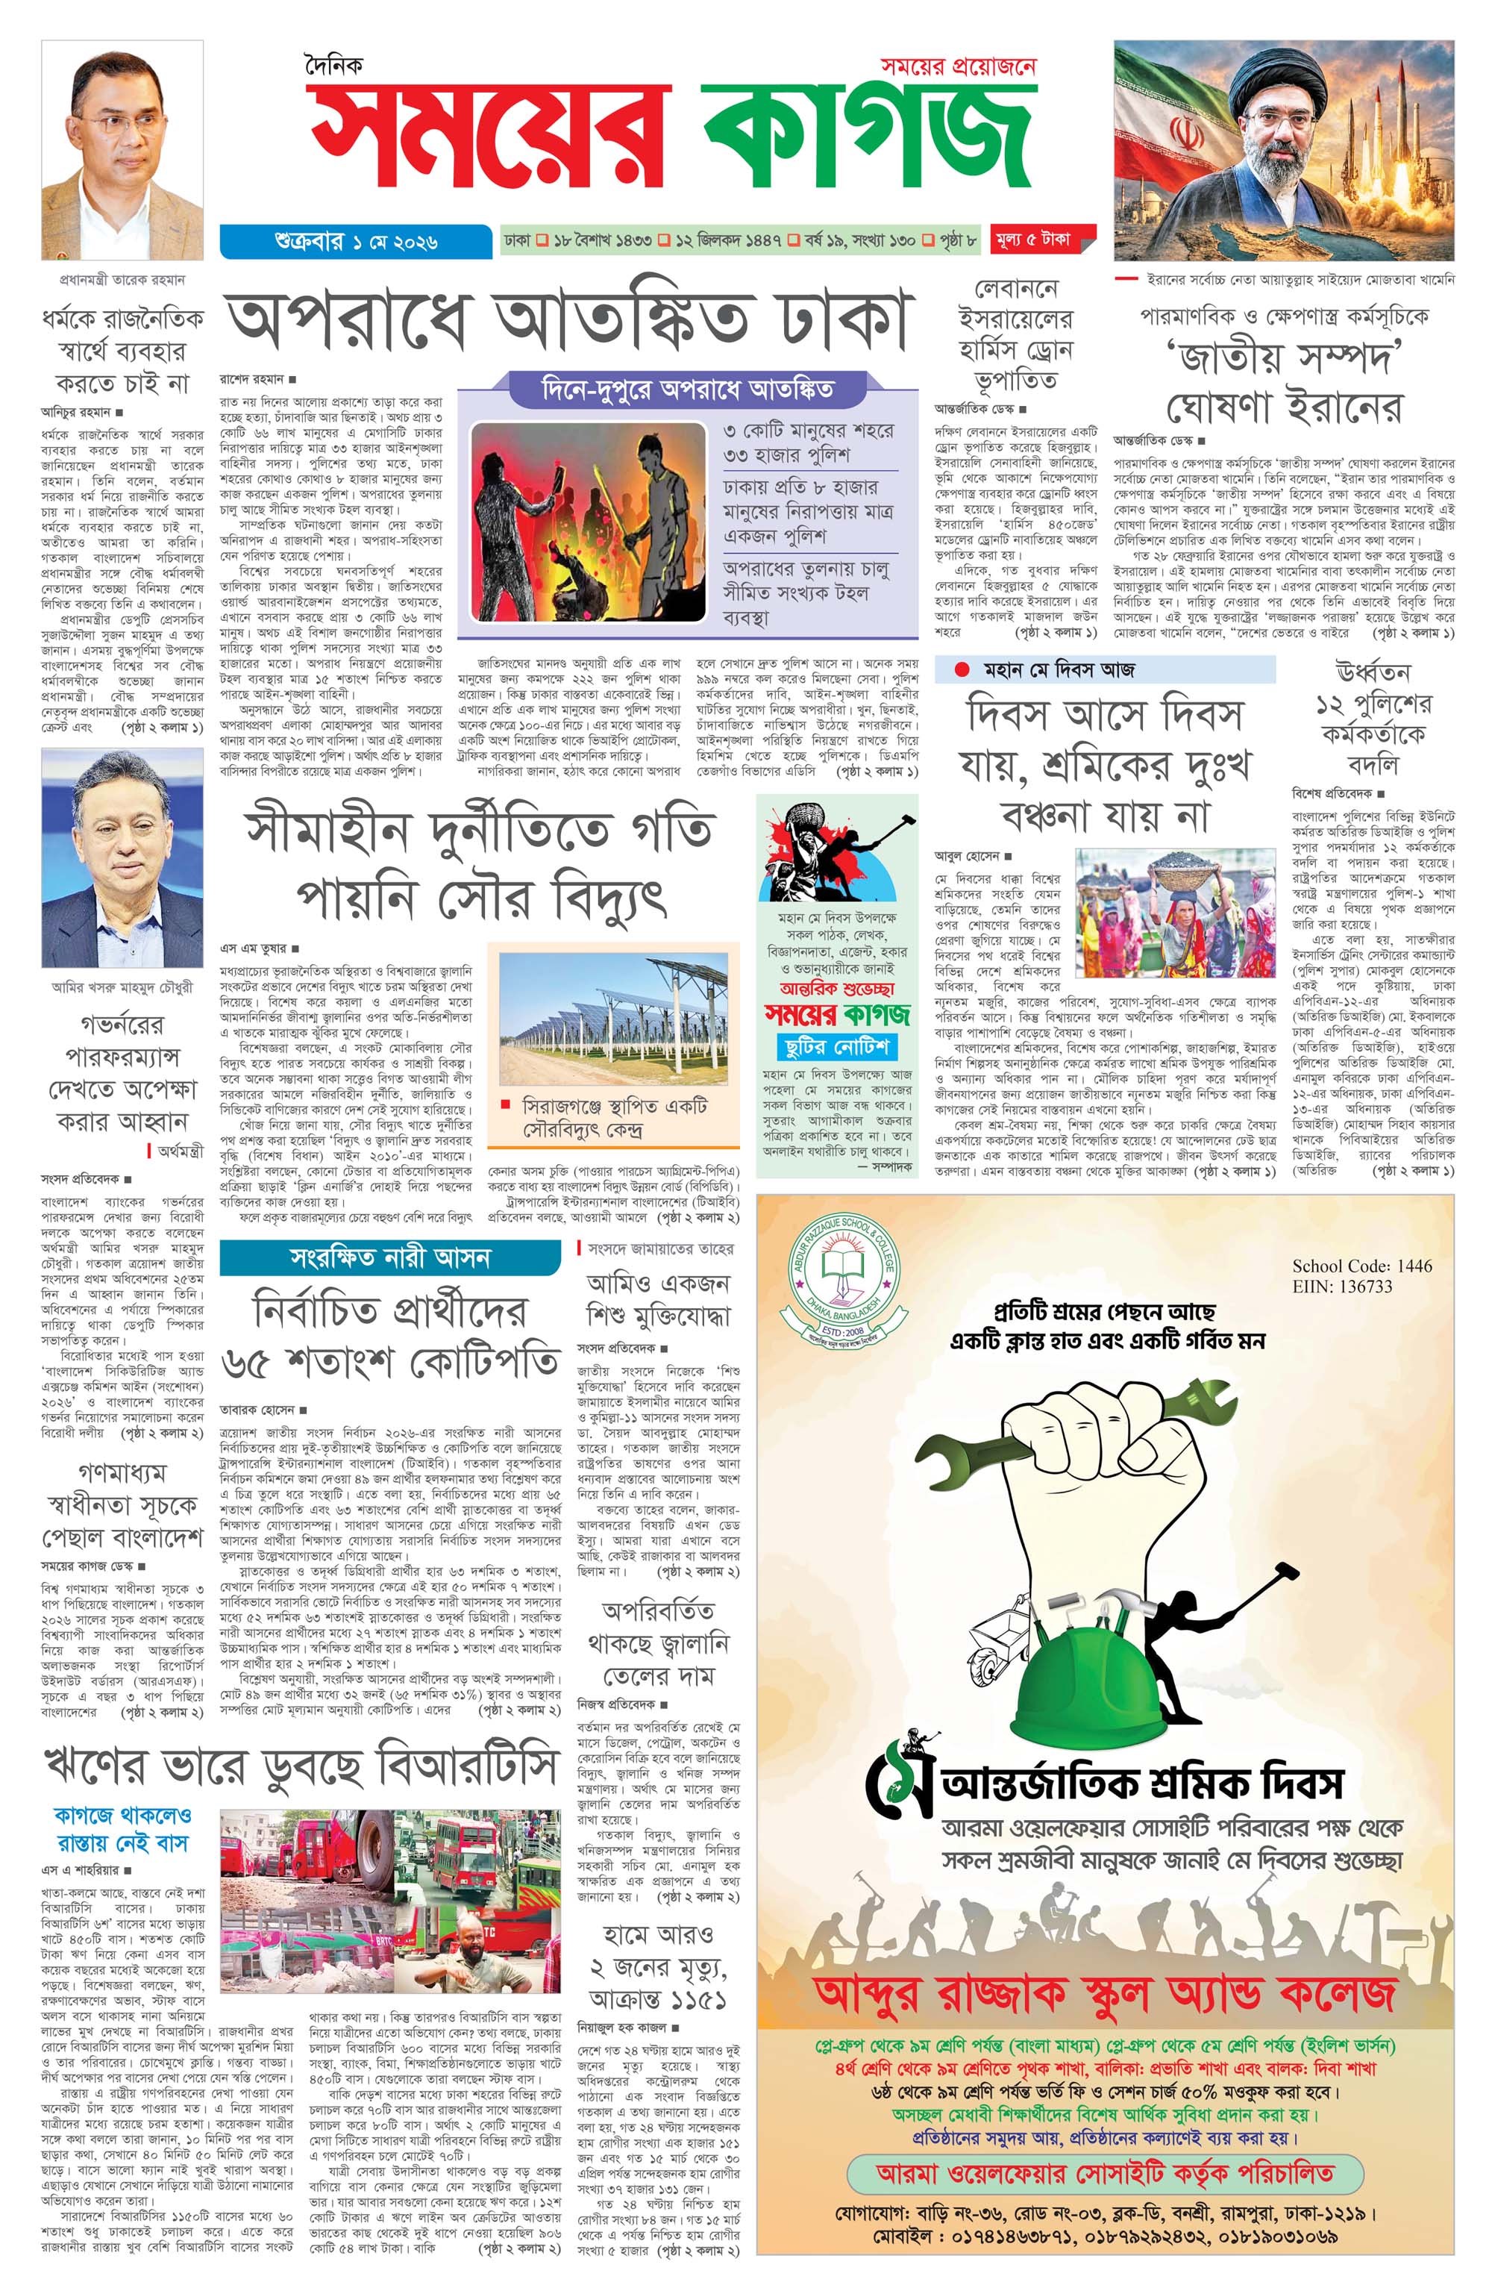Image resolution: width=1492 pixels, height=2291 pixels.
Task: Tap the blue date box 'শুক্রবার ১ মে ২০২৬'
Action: click(x=356, y=240)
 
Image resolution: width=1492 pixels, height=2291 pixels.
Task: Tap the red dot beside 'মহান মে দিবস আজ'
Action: click(x=961, y=669)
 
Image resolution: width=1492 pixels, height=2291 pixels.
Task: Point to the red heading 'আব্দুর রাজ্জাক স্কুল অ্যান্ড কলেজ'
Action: click(x=1104, y=1992)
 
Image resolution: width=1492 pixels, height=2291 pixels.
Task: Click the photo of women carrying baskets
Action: click(x=1174, y=912)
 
